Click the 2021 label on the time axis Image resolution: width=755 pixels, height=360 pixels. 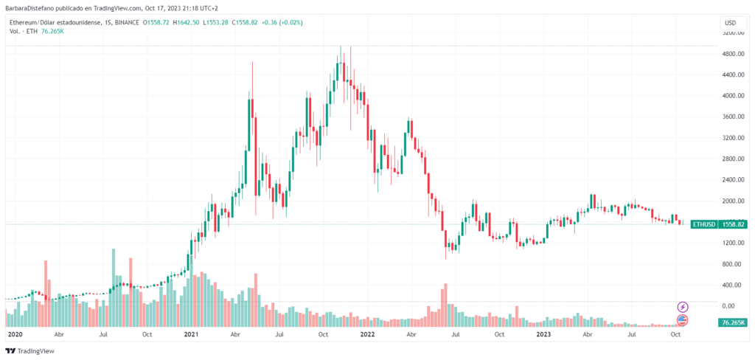(x=191, y=334)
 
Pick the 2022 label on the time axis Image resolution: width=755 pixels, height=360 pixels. (x=366, y=334)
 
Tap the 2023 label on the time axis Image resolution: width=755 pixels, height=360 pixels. (x=543, y=334)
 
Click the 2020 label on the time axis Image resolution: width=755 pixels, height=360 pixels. (x=15, y=334)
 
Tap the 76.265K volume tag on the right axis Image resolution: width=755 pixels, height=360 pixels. (x=732, y=322)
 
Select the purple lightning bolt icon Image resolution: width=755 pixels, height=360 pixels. (x=683, y=306)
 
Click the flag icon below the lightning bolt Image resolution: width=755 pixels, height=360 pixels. (x=683, y=319)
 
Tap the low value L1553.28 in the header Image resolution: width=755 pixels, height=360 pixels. (x=217, y=22)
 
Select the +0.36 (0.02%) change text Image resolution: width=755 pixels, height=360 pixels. (x=281, y=22)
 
